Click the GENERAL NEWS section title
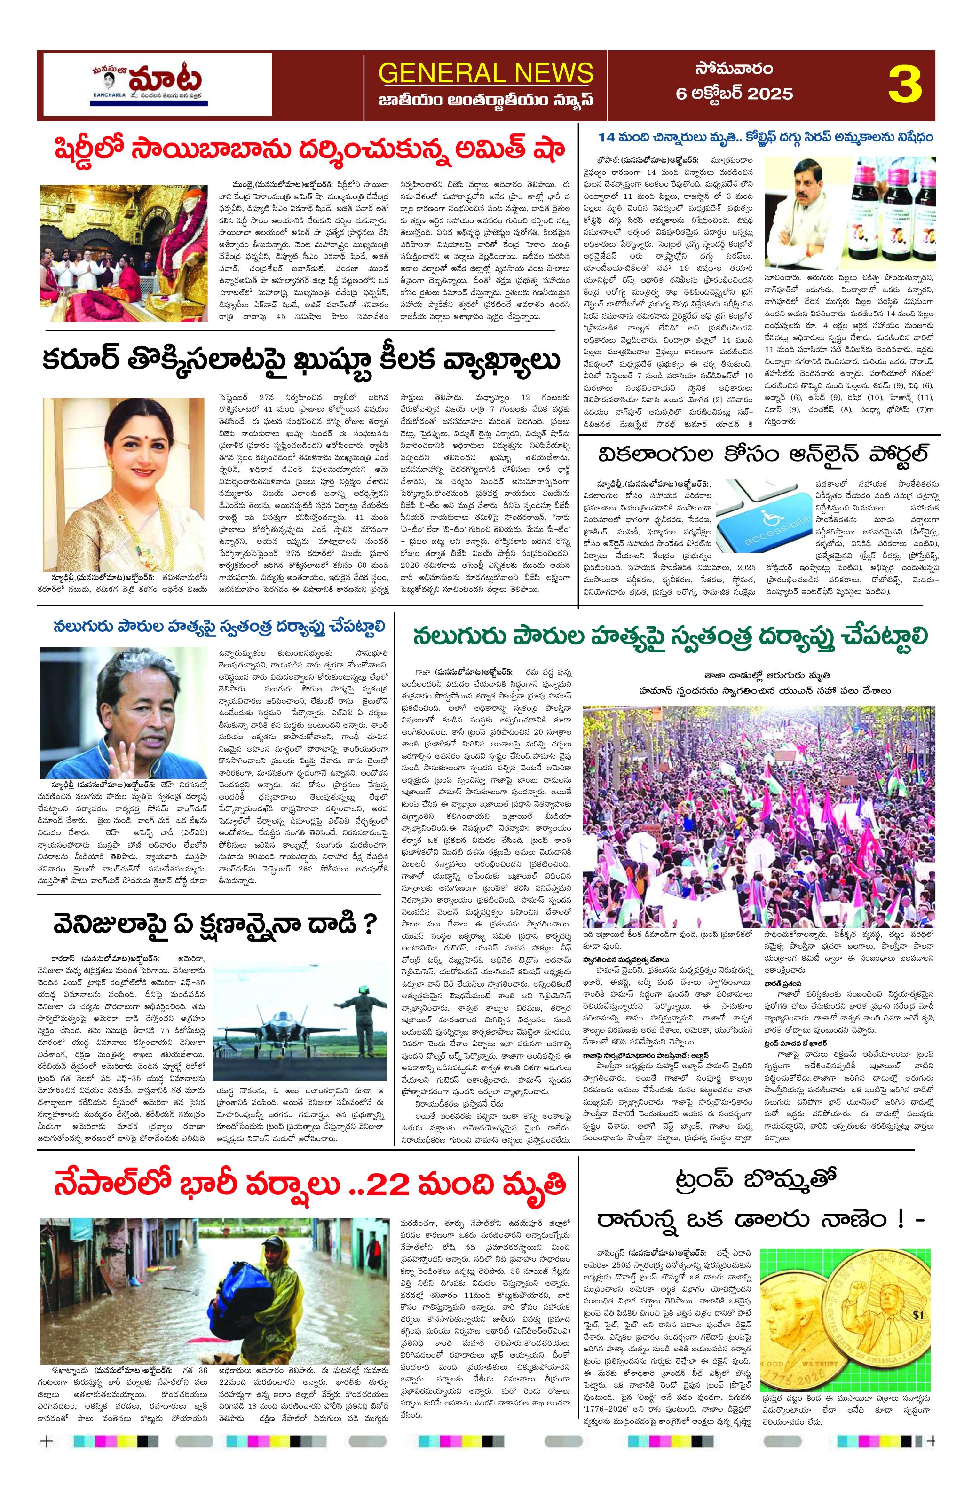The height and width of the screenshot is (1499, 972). click(486, 72)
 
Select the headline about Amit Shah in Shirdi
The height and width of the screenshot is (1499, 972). click(301, 150)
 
